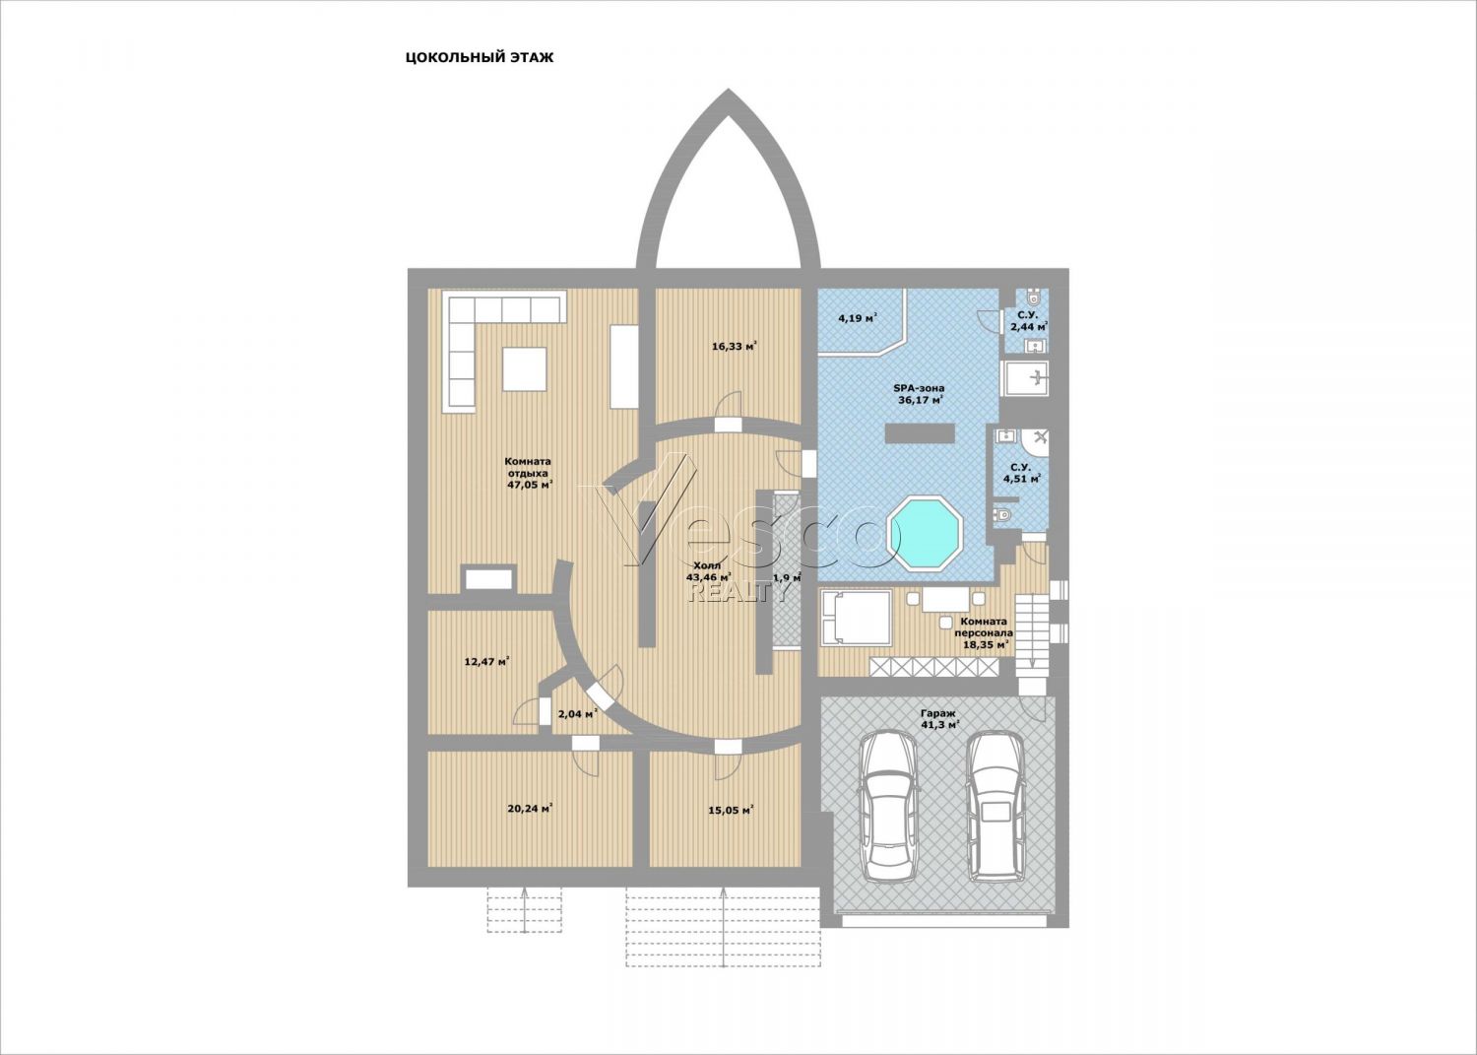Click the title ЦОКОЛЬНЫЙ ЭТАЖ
coord(479,58)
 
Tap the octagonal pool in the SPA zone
coord(925,534)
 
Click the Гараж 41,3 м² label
coord(939,718)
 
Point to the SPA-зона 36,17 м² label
coord(919,394)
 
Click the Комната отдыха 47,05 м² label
coord(528,473)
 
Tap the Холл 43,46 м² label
coord(708,571)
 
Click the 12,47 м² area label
coord(486,661)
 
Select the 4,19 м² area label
coord(858,319)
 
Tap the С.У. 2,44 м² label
coord(1029,321)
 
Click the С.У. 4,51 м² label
coord(1021,473)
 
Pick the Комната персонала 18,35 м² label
coord(984,632)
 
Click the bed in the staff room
coord(856,618)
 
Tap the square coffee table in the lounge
coord(524,368)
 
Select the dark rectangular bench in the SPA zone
coord(919,432)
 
